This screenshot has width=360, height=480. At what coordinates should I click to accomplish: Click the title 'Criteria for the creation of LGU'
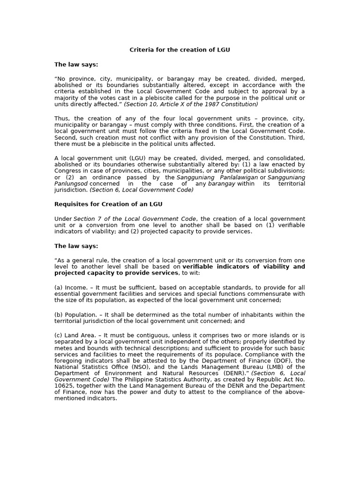pyautogui.click(x=180, y=50)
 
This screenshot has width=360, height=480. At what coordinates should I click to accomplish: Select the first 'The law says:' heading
pyautogui.click(x=76, y=65)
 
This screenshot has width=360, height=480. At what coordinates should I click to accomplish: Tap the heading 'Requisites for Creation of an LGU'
pyautogui.click(x=108, y=204)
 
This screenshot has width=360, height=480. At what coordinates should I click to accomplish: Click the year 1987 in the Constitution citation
pyautogui.click(x=214, y=104)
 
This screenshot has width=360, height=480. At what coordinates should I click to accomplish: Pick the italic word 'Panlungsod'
pyautogui.click(x=70, y=184)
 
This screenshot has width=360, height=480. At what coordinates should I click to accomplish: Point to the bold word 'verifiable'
pyautogui.click(x=199, y=267)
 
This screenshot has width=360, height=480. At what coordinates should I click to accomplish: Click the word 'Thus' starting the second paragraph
pyautogui.click(x=62, y=119)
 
